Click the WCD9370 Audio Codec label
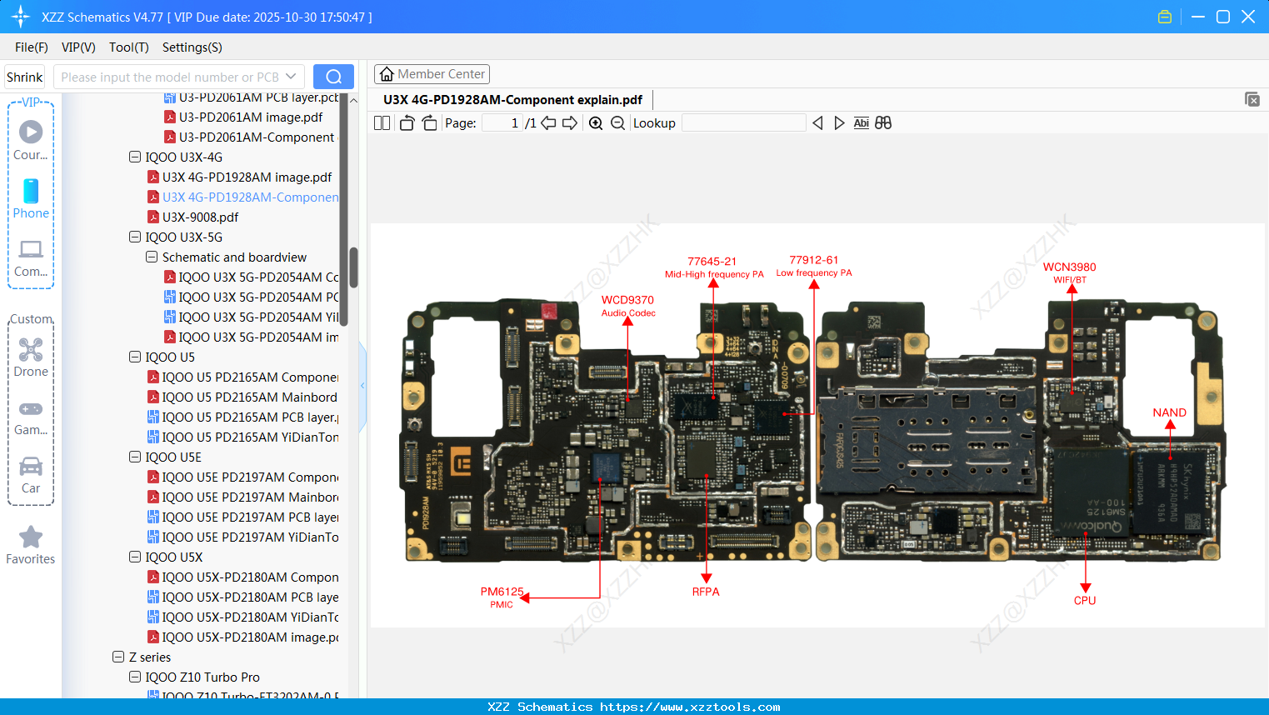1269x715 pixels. point(627,305)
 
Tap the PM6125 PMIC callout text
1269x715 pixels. point(502,597)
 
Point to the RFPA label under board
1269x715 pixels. point(705,592)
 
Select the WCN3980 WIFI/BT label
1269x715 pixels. point(1069,272)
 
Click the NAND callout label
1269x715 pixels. point(1169,412)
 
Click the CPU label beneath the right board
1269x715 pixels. point(1084,600)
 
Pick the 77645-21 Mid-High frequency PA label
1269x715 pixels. point(713,267)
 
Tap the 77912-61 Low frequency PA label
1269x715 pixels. point(814,266)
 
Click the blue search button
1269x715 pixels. point(333,77)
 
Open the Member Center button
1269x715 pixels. point(432,74)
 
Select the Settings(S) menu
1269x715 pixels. point(192,47)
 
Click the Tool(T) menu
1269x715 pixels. point(128,47)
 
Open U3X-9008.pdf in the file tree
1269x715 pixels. point(200,217)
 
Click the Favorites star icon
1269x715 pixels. point(31,537)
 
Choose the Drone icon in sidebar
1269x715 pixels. point(31,350)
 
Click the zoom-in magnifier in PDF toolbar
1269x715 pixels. point(596,123)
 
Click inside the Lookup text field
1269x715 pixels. point(743,123)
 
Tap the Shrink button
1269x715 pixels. point(24,77)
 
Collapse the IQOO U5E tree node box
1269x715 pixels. point(135,457)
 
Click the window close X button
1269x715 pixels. point(1247,17)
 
